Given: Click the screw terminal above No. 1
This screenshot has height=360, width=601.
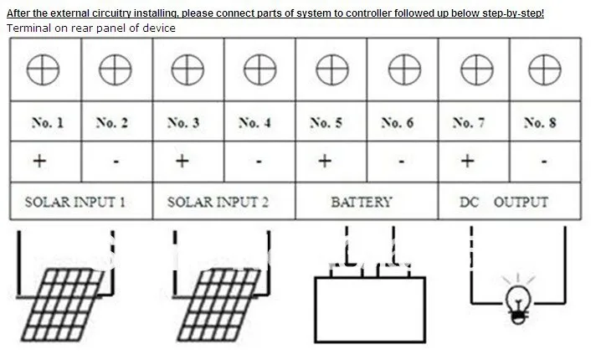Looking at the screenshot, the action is [43, 69].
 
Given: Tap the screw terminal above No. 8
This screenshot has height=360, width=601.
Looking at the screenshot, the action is [545, 69].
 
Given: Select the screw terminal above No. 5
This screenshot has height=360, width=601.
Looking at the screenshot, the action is [332, 69].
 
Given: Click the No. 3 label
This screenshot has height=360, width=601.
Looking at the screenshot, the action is [183, 123].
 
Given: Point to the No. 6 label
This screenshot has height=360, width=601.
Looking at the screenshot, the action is [398, 123].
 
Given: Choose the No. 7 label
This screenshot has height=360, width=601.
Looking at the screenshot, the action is [469, 123].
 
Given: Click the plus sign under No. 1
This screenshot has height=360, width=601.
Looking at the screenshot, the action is [39, 161].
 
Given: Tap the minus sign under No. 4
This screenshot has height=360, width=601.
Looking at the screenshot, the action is [259, 162].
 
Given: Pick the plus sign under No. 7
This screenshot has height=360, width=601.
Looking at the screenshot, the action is [467, 161].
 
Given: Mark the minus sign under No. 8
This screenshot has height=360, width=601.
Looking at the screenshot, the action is [544, 162].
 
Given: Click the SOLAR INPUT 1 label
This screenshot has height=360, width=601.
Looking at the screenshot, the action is [75, 202].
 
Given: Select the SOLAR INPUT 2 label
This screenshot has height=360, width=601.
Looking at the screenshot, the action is [218, 202].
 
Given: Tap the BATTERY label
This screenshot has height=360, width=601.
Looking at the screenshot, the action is [362, 202].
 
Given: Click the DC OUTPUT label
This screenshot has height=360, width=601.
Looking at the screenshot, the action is [504, 202].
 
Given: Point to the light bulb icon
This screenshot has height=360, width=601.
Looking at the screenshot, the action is [518, 300].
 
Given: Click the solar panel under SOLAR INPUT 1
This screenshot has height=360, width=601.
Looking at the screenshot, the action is [63, 305].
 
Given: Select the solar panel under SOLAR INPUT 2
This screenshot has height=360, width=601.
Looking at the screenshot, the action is [218, 305].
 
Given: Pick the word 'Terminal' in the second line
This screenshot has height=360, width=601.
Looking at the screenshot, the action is [28, 28].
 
